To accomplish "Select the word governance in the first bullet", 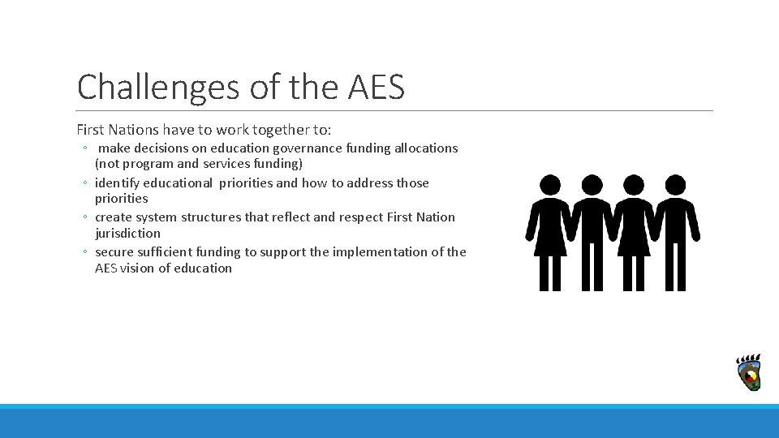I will point(308,148).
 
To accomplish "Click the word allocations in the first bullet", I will point(426,148).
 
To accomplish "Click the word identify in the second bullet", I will point(117,183).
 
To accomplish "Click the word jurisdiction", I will point(127,234).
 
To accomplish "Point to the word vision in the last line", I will point(137,268).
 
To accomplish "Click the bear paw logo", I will point(748,372).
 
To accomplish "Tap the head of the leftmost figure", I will point(550,185).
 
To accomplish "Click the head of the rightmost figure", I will point(675,185).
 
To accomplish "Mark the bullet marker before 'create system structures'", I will point(85,218).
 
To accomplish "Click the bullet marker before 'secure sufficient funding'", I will point(85,253).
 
